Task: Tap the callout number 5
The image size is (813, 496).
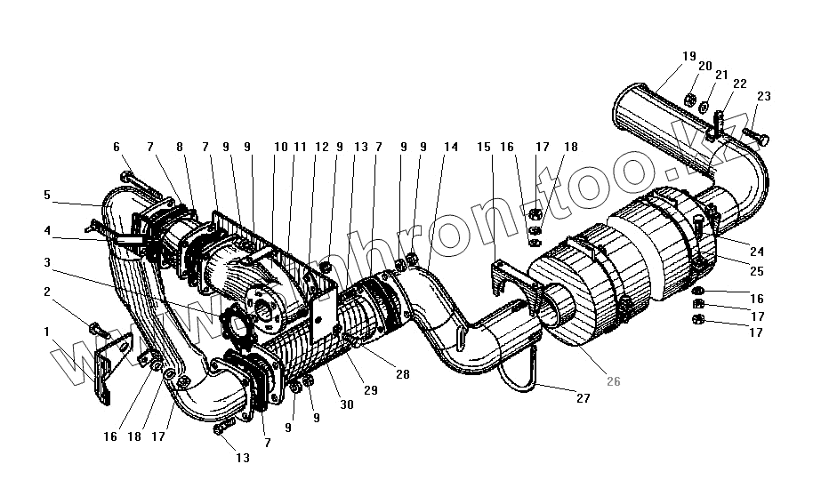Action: (47, 195)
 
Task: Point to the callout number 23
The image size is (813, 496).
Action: (763, 97)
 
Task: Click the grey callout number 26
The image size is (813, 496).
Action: (613, 381)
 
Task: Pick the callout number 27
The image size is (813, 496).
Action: (583, 399)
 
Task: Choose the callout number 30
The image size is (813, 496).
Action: (347, 404)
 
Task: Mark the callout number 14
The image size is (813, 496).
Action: (451, 147)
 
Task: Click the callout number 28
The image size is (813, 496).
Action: (403, 375)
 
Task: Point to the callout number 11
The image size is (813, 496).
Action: (300, 147)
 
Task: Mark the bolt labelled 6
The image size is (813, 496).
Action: (138, 185)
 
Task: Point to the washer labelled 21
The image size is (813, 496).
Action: (703, 108)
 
